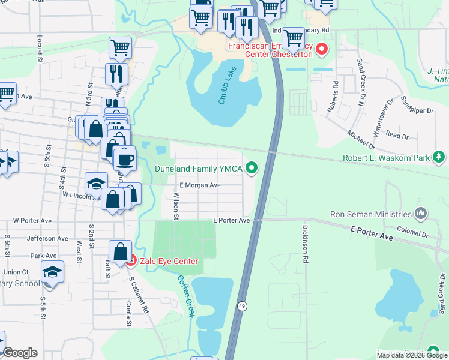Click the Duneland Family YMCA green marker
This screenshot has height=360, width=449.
[x=253, y=169]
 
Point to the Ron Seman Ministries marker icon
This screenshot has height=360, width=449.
[x=421, y=214]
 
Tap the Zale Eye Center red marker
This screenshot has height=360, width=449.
[x=131, y=261]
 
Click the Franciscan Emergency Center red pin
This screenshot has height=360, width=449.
[x=322, y=49]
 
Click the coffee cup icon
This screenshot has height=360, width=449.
[x=125, y=160]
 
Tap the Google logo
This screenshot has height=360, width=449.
[x=20, y=353]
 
